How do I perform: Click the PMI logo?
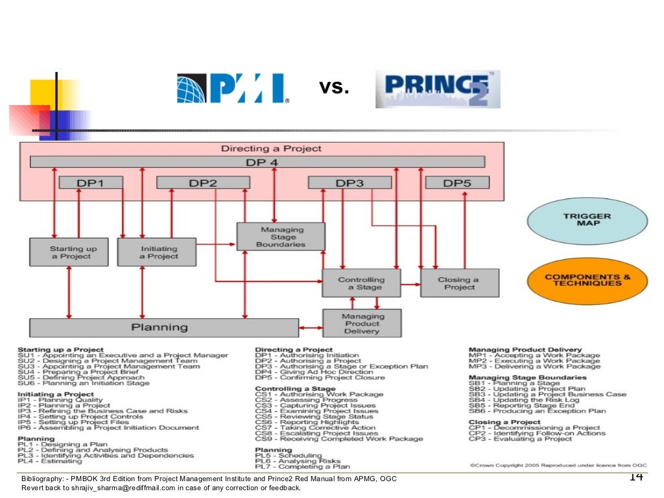[233, 89]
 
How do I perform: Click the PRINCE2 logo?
[438, 89]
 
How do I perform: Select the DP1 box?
[91, 183]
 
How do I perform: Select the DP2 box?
[203, 183]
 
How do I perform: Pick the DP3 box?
[350, 183]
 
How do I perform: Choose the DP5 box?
[457, 183]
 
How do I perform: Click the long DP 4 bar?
[257, 162]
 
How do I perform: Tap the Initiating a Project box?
[156, 252]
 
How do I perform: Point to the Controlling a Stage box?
[361, 283]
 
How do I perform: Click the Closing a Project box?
[460, 283]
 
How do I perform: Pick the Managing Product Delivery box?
[362, 323]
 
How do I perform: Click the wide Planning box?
[164, 327]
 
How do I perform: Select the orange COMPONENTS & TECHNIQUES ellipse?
[587, 280]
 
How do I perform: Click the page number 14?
[635, 477]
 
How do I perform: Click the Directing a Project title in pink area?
[271, 148]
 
